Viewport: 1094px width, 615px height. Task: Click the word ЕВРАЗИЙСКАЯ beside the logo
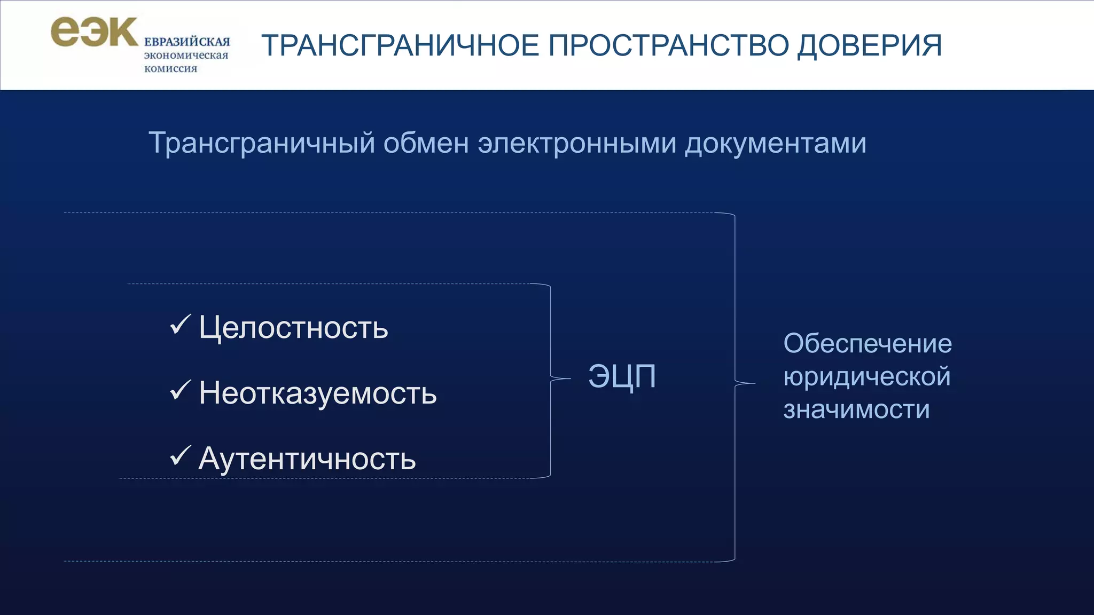[x=186, y=42]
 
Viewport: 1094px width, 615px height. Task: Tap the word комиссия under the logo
[x=170, y=68]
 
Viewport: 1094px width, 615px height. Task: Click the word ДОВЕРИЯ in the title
[x=869, y=45]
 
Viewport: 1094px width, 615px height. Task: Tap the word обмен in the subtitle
[x=426, y=144]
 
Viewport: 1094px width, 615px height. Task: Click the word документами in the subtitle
[x=775, y=144]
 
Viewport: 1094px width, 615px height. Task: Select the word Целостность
[x=293, y=327]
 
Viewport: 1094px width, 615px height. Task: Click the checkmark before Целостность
[x=180, y=325]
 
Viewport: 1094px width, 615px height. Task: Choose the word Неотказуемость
[x=317, y=393]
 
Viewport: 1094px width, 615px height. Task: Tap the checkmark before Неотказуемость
[x=180, y=390]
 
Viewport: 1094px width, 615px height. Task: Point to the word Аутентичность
[x=307, y=459]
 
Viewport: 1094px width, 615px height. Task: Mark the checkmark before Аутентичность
[x=180, y=456]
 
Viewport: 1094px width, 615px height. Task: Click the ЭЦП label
[x=622, y=377]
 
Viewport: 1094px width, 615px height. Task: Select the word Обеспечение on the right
[x=867, y=344]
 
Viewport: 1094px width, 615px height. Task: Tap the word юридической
[x=866, y=377]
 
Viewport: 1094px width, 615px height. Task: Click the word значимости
[x=856, y=410]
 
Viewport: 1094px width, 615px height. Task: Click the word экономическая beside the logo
[x=186, y=56]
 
